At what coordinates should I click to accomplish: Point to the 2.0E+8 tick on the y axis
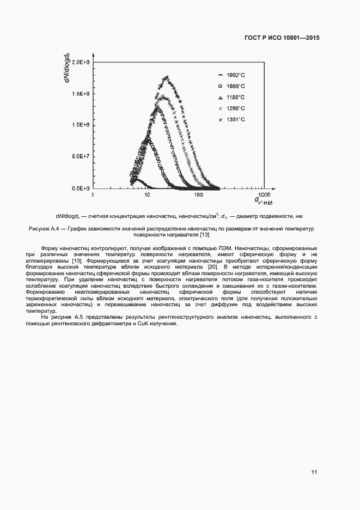(80, 62)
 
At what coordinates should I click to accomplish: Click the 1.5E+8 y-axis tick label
(80, 94)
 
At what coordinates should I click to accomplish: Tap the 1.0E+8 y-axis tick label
(80, 125)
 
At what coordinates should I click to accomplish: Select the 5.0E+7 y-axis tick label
(80, 156)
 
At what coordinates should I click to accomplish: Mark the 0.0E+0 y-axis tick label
(80, 188)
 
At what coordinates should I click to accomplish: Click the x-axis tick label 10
(146, 195)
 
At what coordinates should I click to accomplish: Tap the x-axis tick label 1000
(264, 194)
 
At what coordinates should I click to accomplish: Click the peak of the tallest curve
(167, 77)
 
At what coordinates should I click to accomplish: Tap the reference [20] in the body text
(213, 266)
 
